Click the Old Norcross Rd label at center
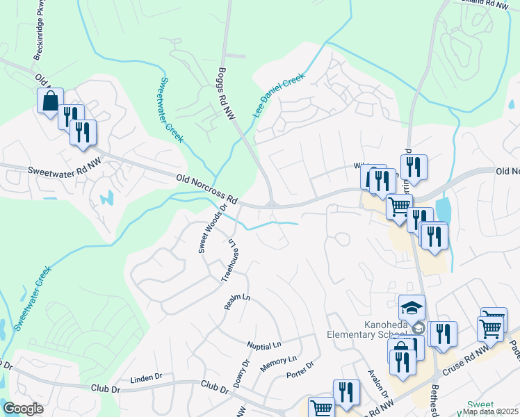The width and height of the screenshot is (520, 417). point(207,189)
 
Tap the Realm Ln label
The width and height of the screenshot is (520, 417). point(236,301)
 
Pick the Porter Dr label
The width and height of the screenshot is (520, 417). point(300,370)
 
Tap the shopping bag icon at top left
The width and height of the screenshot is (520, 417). point(51,101)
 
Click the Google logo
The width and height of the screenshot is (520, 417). point(24,409)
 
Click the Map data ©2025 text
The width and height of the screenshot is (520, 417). point(490,411)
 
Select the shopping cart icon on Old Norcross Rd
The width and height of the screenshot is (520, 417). point(399,206)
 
